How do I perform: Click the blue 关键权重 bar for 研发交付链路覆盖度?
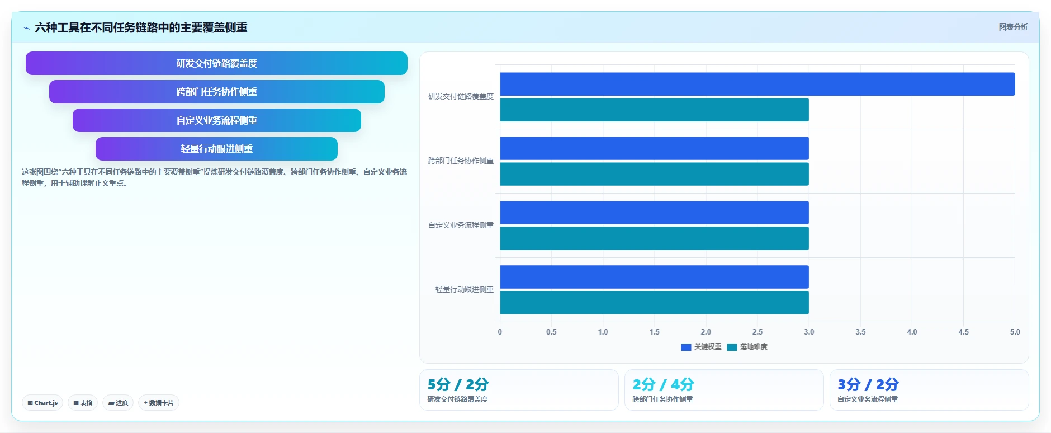[757, 84]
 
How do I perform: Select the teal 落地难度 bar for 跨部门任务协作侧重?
[654, 174]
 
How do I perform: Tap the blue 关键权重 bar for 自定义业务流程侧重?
[654, 213]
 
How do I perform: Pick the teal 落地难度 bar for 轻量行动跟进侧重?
[654, 303]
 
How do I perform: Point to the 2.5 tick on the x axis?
[758, 332]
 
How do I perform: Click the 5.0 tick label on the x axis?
[1015, 332]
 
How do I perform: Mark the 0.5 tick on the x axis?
[551, 332]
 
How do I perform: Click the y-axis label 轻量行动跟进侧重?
[465, 289]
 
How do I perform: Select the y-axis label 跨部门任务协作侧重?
[461, 161]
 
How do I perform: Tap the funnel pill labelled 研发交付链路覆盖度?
[216, 63]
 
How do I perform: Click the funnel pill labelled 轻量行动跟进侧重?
[216, 149]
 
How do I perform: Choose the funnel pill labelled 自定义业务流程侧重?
[216, 120]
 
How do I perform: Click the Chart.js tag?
[42, 403]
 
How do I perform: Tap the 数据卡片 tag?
[159, 403]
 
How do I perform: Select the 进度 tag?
[118, 403]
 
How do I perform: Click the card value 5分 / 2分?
[458, 384]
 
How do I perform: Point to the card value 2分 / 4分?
[663, 384]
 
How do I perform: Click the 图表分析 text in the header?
[1013, 27]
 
